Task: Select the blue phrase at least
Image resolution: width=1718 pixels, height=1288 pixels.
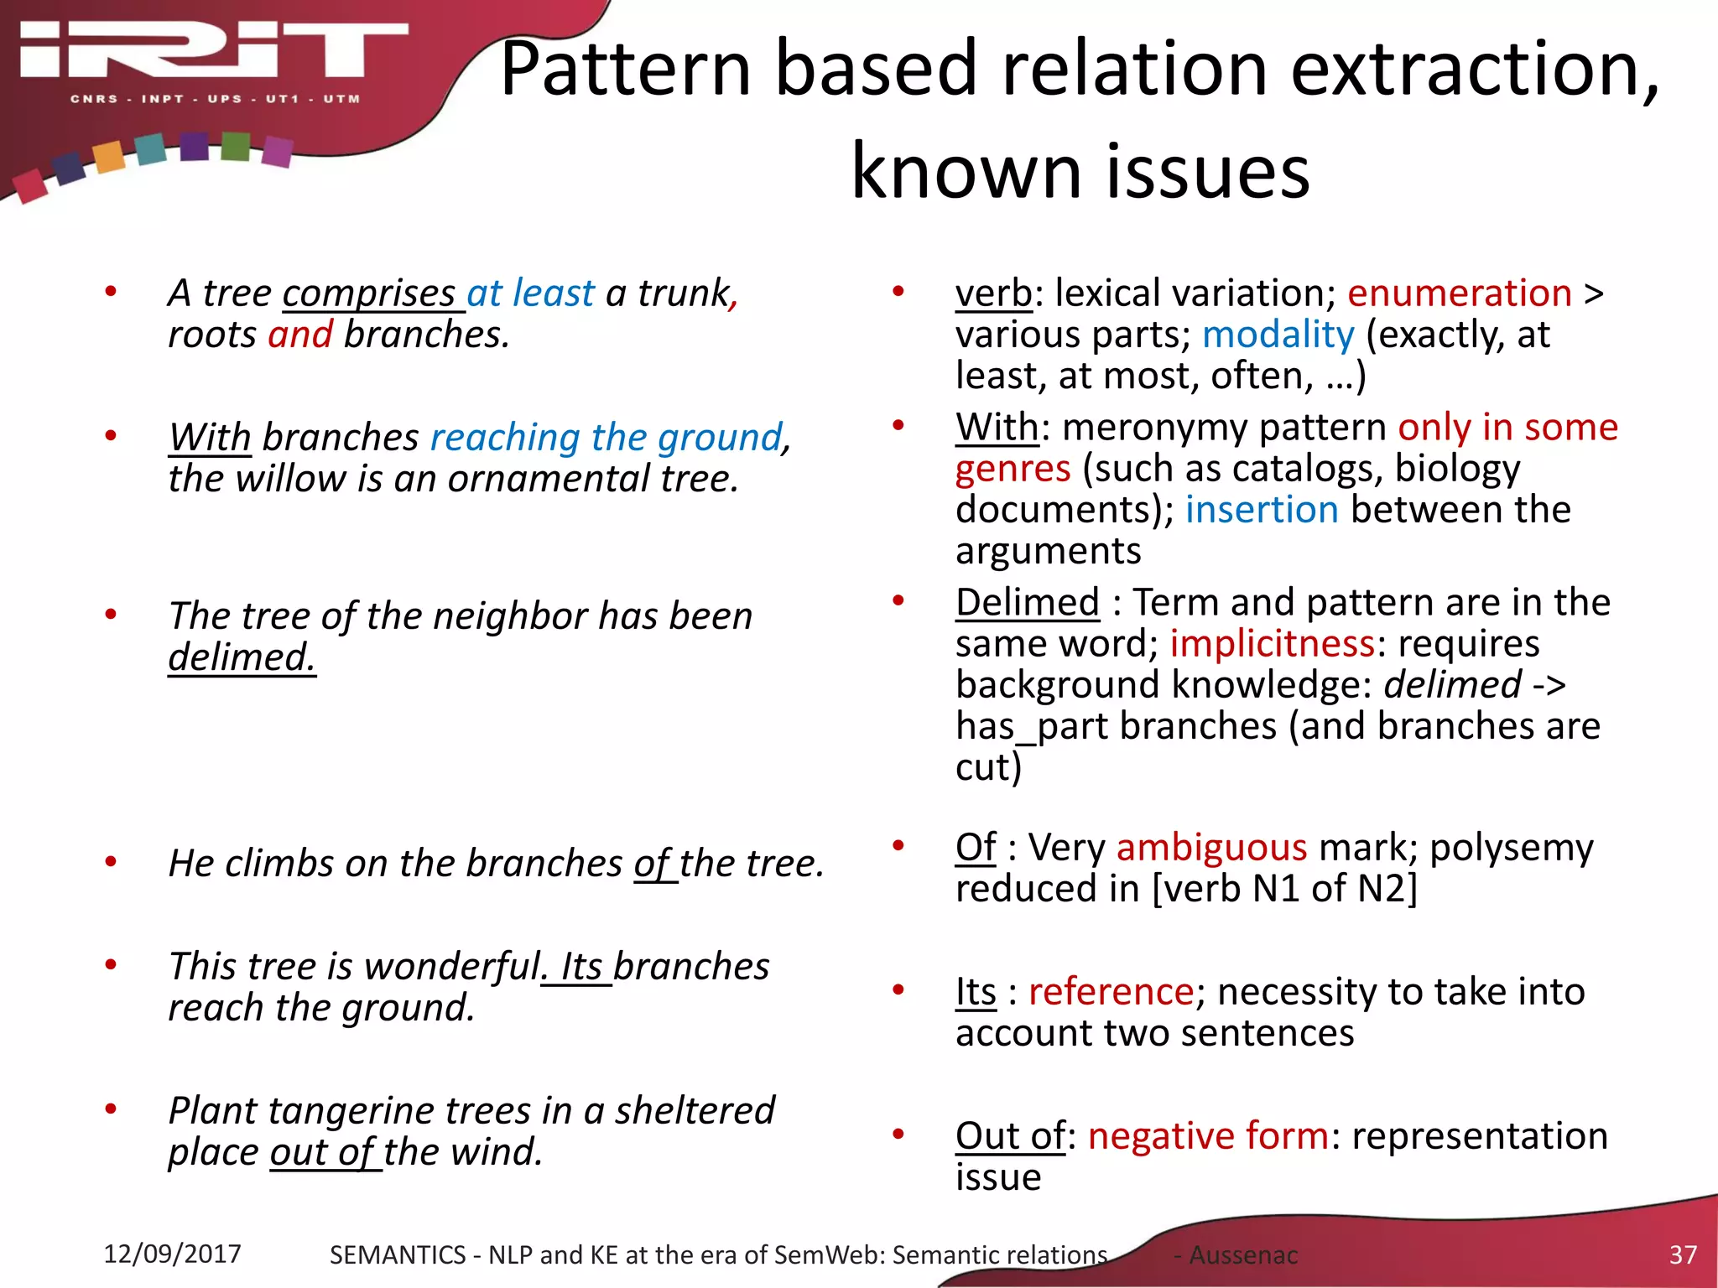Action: pos(530,293)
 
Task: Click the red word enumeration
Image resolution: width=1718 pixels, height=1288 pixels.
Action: pos(1459,293)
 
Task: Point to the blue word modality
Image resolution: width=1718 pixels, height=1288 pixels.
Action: pos(1278,335)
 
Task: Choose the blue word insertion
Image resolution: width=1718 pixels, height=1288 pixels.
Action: pos(1261,510)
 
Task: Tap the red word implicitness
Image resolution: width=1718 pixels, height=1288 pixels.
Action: pos(1272,644)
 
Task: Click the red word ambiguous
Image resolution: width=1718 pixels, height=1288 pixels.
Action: pos(1211,848)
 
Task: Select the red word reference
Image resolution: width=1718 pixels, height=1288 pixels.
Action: pos(1111,992)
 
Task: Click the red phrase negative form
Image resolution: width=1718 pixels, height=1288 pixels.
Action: pos(1208,1136)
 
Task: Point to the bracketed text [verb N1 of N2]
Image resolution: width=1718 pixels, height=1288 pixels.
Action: pos(1284,889)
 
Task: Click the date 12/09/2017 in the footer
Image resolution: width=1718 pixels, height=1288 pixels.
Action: pos(172,1254)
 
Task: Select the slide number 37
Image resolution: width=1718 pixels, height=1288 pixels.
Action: pos(1682,1254)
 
